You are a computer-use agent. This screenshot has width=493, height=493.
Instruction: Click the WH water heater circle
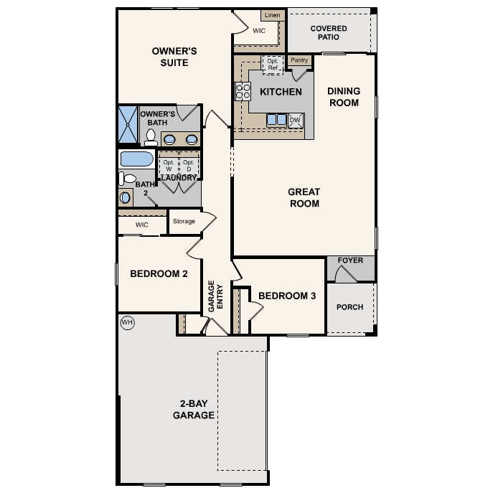tap(127, 322)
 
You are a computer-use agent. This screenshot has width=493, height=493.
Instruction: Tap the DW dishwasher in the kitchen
tap(296, 120)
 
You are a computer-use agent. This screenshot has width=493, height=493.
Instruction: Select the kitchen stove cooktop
tap(243, 91)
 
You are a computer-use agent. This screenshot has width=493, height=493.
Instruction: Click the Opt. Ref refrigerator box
tap(273, 65)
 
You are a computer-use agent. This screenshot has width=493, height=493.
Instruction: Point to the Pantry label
tap(299, 60)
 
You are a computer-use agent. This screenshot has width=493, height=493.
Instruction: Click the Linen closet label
tap(272, 15)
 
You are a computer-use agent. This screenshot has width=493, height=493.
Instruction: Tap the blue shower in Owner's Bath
tap(128, 125)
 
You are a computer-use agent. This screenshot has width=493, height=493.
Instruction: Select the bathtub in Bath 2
tap(137, 159)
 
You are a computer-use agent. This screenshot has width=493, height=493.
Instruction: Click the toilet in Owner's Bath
tap(151, 138)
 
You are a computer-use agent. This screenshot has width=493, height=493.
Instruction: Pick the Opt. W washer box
tap(169, 166)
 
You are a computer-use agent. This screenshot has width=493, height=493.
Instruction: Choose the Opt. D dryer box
tap(189, 166)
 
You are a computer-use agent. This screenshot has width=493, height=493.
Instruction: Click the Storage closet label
tap(184, 221)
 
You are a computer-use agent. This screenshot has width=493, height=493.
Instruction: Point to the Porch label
tap(350, 307)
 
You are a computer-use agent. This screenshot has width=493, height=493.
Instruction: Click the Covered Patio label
tap(329, 33)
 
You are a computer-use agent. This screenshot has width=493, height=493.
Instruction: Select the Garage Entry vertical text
tap(215, 296)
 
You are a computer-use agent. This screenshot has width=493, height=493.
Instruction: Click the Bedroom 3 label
tap(287, 296)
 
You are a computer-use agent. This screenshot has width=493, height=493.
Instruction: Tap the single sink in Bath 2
tap(126, 198)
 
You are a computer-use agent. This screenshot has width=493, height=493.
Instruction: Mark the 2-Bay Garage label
tap(194, 409)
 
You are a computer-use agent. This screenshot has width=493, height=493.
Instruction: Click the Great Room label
tap(304, 198)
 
